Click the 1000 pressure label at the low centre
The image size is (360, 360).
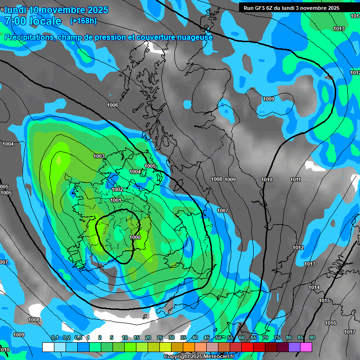click(x=135, y=237)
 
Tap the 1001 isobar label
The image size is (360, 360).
click(x=116, y=200)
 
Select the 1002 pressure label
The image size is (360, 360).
click(x=118, y=189)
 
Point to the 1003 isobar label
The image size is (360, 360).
click(x=99, y=156)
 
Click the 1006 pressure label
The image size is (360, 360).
click(x=112, y=105)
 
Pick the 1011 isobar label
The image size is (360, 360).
click(x=295, y=180)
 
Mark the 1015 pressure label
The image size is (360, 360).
click(x=324, y=300)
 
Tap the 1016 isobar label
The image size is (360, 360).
click(x=330, y=323)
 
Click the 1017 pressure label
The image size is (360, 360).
click(x=350, y=332)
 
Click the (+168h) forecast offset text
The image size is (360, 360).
click(x=83, y=21)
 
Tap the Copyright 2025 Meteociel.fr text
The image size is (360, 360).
click(x=199, y=357)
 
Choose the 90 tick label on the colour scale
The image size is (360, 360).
click(x=312, y=337)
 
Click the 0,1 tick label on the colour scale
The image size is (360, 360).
click(x=55, y=337)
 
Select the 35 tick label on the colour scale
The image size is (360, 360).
click(x=183, y=337)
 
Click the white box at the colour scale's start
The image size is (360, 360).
click(x=48, y=347)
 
